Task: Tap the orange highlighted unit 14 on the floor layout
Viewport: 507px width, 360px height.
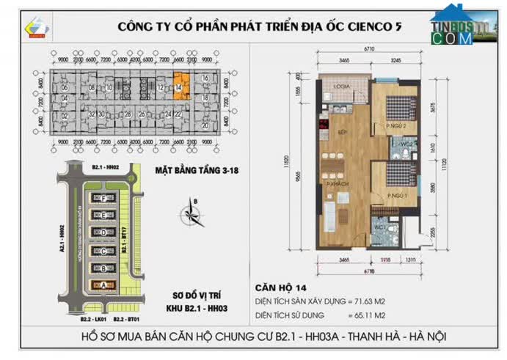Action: [x=180, y=85]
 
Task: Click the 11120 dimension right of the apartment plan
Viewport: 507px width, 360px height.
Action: [x=442, y=164]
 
